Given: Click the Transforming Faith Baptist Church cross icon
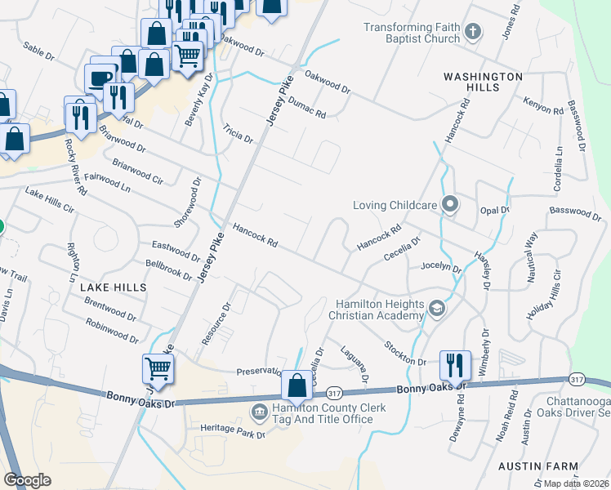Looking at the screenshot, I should (471, 33).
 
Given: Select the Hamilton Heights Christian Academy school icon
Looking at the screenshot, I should (437, 308).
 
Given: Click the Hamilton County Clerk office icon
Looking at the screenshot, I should (260, 410).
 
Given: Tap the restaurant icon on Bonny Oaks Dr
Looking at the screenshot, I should (455, 364).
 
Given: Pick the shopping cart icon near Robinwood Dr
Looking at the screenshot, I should (157, 367).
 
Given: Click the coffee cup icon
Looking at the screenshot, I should (100, 78).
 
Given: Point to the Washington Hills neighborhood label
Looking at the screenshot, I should (483, 82).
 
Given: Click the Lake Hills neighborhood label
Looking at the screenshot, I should (114, 287).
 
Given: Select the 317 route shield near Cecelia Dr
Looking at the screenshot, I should (333, 392).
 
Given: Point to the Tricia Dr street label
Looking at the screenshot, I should (238, 134).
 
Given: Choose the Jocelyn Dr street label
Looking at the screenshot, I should (441, 267).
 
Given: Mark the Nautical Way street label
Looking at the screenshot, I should (532, 256).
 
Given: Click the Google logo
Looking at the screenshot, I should (28, 480).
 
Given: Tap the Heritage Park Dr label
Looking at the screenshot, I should (234, 427).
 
